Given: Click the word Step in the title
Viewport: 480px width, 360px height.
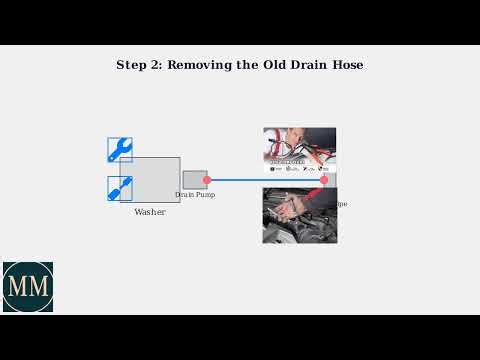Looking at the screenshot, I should (132, 65).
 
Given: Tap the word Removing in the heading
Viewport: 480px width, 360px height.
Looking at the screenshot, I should (200, 65).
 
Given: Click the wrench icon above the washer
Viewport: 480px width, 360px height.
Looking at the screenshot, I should (120, 150).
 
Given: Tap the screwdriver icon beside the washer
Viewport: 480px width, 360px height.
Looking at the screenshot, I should (120, 188).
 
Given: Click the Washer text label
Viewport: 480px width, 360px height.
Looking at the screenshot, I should (150, 212).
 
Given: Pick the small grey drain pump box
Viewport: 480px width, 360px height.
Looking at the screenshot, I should (195, 179).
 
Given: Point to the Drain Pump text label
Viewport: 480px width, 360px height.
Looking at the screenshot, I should (195, 195).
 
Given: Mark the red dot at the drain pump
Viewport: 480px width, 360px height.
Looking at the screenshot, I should (207, 180).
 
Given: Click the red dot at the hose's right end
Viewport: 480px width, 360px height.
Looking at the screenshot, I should (323, 180).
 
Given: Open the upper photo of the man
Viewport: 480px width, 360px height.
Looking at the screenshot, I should (299, 150).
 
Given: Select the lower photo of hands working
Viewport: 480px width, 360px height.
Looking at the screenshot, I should (299, 216).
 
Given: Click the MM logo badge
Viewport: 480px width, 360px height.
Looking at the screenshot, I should (27, 287).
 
